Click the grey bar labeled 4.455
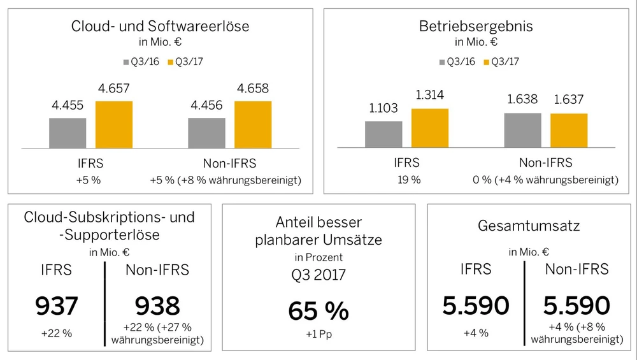67,133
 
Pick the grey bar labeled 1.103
383,134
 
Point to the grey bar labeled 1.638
522,131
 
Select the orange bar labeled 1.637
569,131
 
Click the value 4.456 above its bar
206,105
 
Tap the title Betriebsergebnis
476,27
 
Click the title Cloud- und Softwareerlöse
160,27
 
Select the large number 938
157,306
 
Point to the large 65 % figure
318,312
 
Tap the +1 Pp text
318,335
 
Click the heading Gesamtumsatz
530,226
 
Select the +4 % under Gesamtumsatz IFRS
476,333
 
